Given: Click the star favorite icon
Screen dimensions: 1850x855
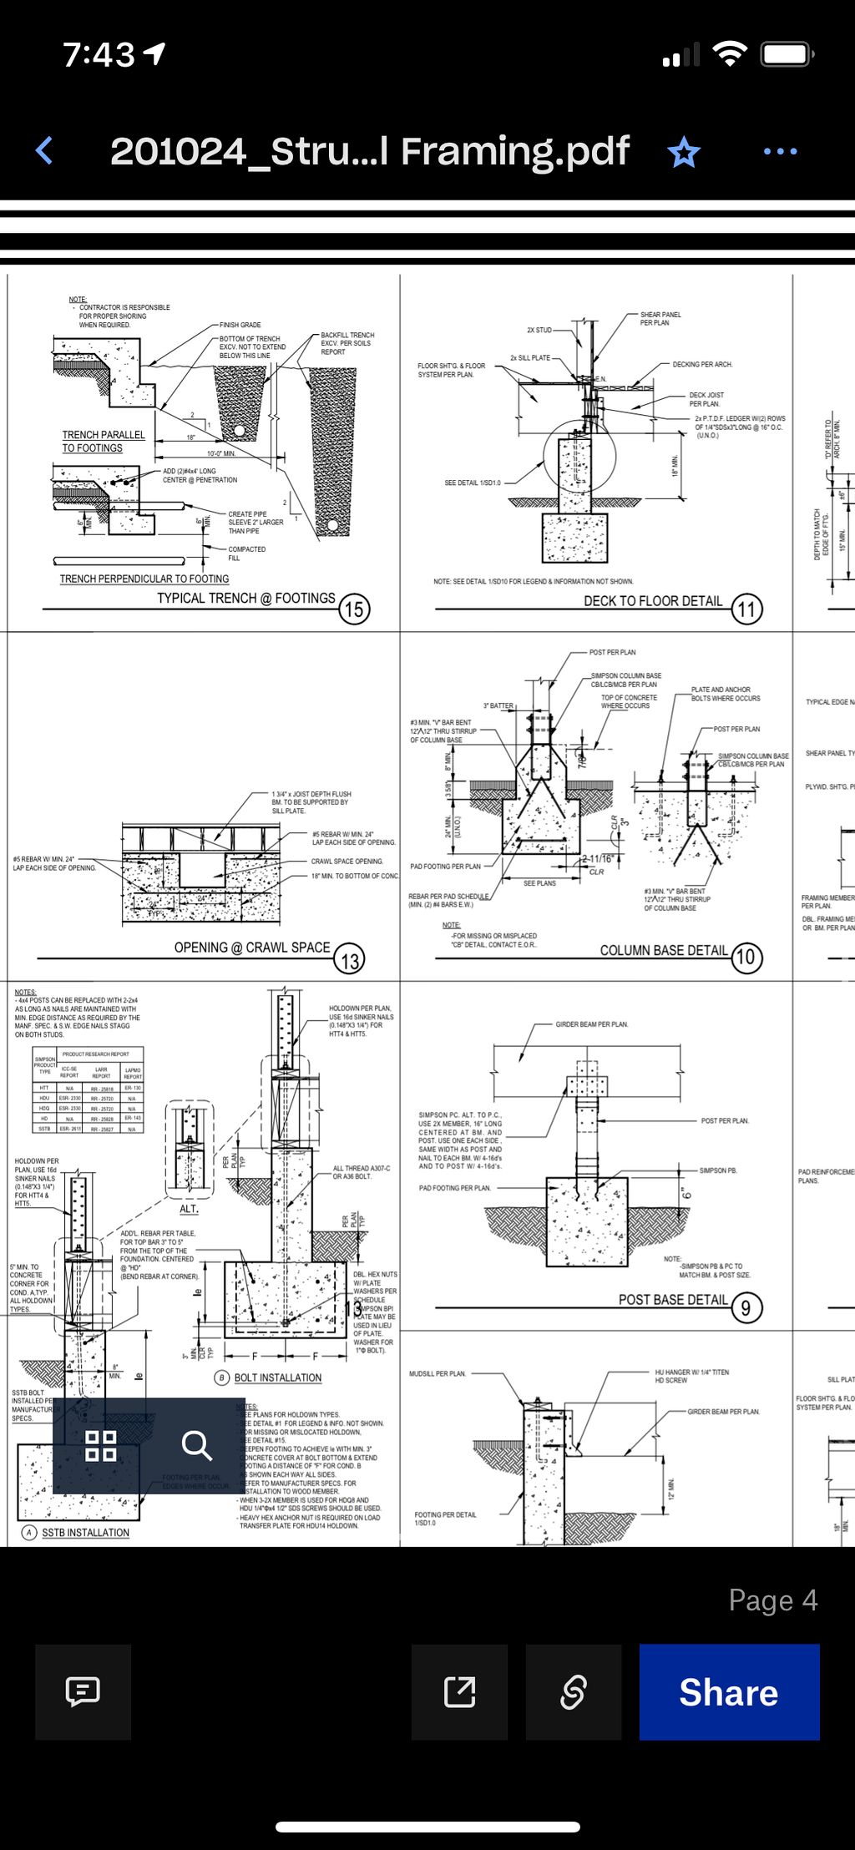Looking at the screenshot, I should click(x=684, y=152).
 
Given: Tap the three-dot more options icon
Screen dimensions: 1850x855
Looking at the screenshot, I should click(x=780, y=152).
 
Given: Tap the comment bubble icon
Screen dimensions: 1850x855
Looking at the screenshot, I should click(x=83, y=1691).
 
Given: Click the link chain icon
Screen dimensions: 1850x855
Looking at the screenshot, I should click(x=574, y=1691).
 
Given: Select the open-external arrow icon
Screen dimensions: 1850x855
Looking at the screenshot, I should click(x=460, y=1691).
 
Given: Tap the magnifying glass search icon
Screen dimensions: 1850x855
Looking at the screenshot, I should click(x=197, y=1445).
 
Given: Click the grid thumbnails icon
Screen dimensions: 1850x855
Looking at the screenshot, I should click(x=101, y=1445).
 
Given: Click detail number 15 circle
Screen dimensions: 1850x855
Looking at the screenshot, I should click(x=354, y=609).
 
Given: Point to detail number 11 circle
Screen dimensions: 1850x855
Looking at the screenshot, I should click(x=746, y=609).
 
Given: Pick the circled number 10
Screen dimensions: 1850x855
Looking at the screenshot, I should click(x=746, y=957).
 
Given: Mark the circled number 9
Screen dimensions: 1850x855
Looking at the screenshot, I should click(x=746, y=1307).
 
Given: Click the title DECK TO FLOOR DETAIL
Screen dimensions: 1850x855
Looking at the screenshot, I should click(x=653, y=601).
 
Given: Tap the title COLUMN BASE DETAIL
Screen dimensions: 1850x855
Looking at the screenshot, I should click(x=664, y=950).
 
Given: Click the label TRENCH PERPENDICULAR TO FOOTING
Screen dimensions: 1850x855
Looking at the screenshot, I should click(x=144, y=579).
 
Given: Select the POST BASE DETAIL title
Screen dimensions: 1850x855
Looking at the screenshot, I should click(x=673, y=1300).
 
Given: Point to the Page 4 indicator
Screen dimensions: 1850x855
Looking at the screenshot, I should click(x=772, y=1600).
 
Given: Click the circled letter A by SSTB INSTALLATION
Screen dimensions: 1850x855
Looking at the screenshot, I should click(x=29, y=1533).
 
